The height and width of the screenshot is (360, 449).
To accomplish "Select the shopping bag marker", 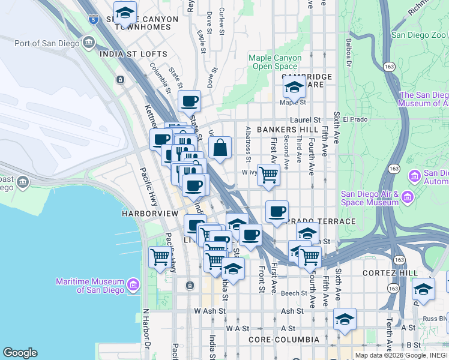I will click(220, 148).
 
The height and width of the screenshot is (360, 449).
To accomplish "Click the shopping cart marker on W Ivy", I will click(269, 175).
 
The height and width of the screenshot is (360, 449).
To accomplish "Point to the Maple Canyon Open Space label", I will click(273, 62).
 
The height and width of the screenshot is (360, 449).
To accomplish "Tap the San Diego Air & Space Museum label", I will click(369, 197).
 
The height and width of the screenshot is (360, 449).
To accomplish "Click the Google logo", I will click(20, 353).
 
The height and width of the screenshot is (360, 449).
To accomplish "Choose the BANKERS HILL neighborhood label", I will click(284, 130).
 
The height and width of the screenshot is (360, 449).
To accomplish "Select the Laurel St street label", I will click(309, 119).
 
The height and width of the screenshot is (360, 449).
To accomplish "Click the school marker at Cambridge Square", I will click(294, 88).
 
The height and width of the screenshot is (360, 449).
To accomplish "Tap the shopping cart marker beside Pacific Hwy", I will click(160, 257).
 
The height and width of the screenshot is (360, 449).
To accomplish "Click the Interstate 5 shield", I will click(93, 19).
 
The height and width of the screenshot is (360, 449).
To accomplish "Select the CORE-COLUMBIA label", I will click(289, 340).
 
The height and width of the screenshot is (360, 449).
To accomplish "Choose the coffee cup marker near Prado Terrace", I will click(277, 212).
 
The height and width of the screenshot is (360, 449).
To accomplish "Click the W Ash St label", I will click(209, 311).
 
